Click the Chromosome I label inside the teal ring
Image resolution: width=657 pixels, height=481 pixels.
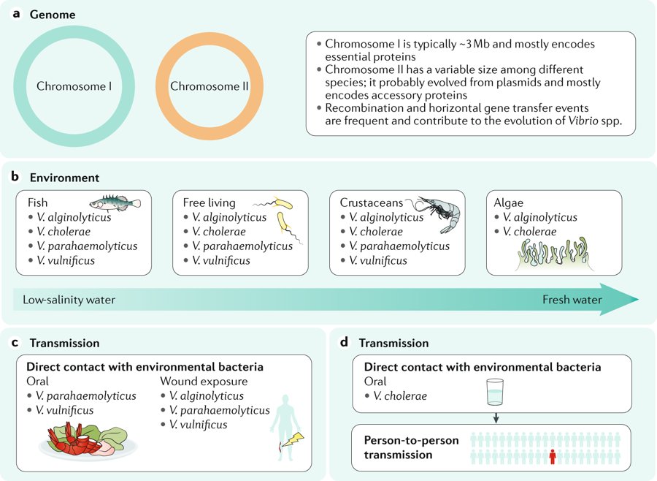74,86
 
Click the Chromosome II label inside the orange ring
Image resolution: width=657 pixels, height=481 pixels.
210,86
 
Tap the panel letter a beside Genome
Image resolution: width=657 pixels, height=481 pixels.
16,15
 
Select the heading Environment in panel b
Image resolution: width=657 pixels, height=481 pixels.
64,178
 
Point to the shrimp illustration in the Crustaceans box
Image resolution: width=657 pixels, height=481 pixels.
435,211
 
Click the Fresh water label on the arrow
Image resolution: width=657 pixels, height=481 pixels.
572,300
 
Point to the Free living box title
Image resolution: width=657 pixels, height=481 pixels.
210,202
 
